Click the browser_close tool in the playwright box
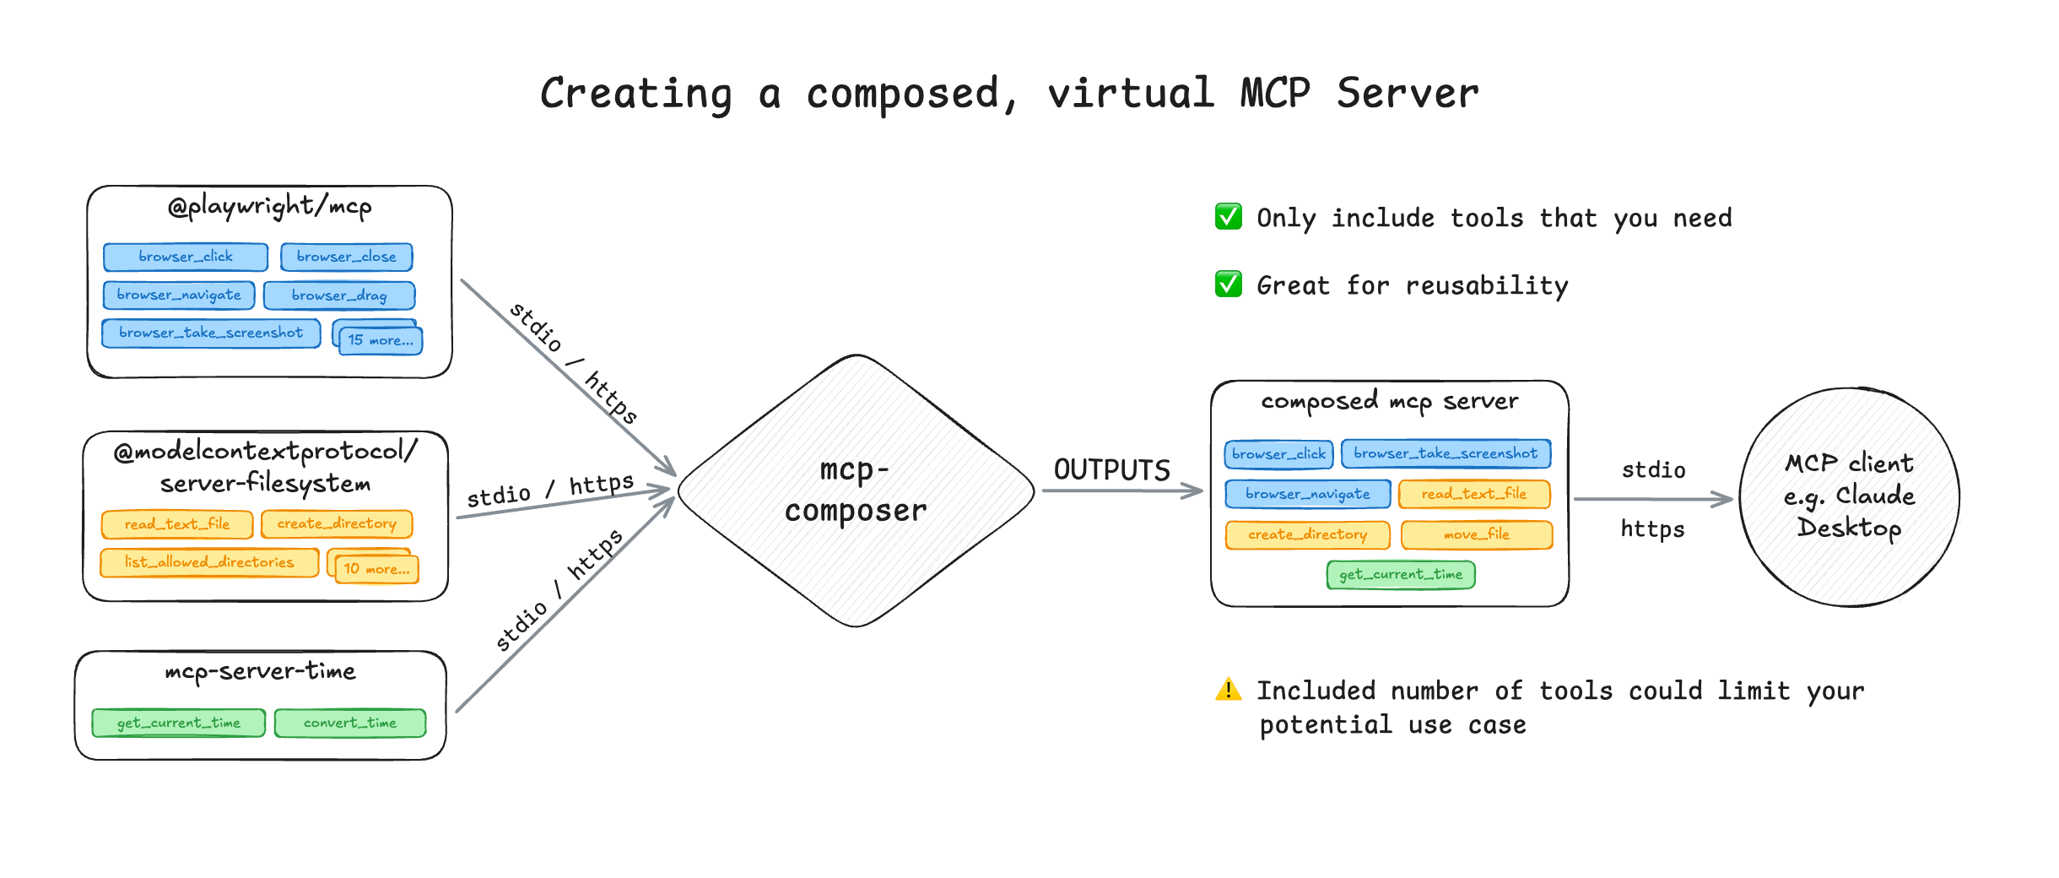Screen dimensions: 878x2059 pos(346,257)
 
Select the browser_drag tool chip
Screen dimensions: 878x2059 pos(339,295)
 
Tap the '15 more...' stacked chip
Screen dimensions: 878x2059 pos(380,340)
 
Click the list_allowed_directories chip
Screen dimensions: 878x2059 pos(209,562)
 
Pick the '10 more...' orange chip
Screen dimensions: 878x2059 pos(376,569)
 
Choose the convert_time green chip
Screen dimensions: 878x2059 pos(350,724)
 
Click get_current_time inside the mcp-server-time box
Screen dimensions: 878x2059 pos(178,724)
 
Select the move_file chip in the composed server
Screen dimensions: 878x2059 pos(1476,534)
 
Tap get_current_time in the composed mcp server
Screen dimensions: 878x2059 pos(1401,575)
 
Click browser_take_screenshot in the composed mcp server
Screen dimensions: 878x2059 pos(1446,453)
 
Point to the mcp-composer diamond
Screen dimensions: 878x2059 pos(856,490)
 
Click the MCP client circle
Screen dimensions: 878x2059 pos(1849,496)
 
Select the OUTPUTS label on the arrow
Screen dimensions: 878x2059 pos(1111,470)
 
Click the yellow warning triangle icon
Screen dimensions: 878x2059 pos(1228,690)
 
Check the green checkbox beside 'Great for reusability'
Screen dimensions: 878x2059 pos(1228,285)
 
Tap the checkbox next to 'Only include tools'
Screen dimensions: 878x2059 pos(1228,217)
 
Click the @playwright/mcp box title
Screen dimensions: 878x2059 pos(270,206)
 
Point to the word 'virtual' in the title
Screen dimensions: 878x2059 pos(1131,93)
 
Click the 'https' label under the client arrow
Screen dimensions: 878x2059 pos(1651,529)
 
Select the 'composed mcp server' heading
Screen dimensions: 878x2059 pos(1389,402)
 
